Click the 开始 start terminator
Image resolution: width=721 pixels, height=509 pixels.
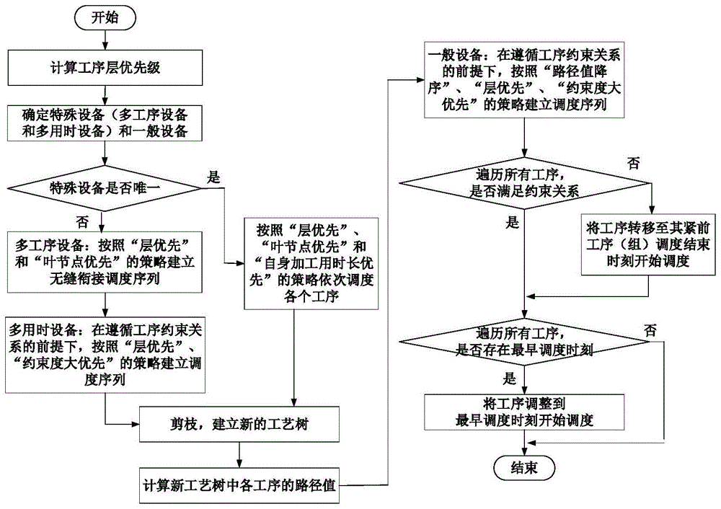(106, 18)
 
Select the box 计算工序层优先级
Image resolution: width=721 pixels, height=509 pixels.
(105, 69)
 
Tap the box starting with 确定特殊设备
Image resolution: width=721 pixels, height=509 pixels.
(105, 122)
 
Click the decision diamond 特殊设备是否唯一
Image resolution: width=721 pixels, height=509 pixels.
(105, 188)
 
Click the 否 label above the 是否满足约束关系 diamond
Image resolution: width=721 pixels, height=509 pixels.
(633, 164)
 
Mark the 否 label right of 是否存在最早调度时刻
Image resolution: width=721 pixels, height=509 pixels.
(651, 331)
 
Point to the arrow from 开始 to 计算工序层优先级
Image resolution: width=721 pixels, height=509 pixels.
(106, 41)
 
